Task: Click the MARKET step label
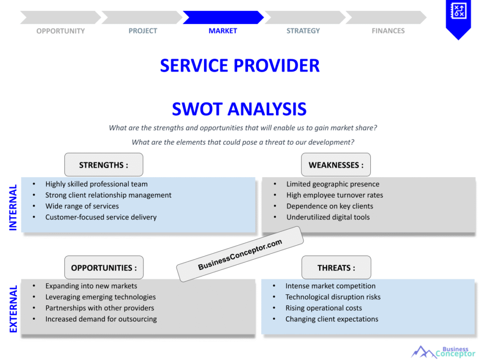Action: [223, 31]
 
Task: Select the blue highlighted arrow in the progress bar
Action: [223, 17]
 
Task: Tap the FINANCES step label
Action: [388, 31]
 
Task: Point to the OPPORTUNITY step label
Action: [60, 31]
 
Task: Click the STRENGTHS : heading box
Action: [104, 165]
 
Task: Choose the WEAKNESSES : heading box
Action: [336, 165]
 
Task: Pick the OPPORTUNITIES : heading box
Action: [104, 268]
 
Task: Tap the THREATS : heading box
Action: [336, 268]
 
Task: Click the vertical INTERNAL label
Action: [13, 207]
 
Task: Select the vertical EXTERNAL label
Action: [13, 309]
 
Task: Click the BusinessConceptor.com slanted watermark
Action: [240, 254]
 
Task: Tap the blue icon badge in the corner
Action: [458, 17]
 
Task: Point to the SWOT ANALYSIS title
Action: [239, 109]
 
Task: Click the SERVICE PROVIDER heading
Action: [240, 66]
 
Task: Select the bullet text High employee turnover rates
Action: [334, 195]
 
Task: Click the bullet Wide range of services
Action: [82, 206]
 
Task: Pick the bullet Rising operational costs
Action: [323, 308]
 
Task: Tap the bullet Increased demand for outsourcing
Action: [101, 319]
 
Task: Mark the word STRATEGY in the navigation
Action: [303, 31]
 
